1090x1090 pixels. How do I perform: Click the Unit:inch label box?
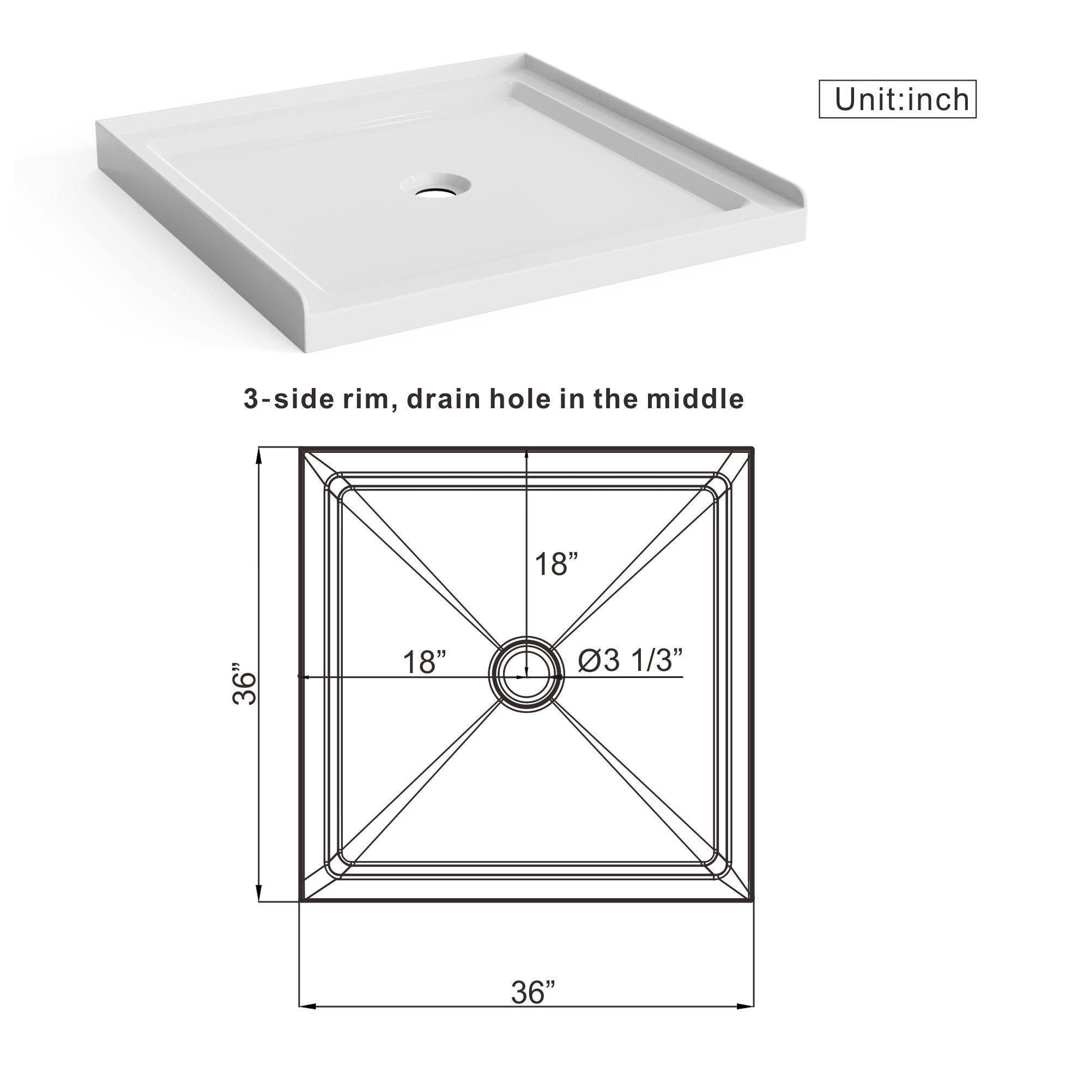point(897,99)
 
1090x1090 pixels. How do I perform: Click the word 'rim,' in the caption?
point(366,399)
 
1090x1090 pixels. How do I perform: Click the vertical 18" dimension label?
point(556,564)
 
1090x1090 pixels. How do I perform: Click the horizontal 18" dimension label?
point(424,662)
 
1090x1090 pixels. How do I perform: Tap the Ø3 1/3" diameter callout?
point(630,659)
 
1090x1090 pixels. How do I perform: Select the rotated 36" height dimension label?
point(245,684)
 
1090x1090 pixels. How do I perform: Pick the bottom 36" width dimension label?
point(533,992)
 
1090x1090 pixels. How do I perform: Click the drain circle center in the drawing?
point(526,675)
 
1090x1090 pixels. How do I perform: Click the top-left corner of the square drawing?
point(301,450)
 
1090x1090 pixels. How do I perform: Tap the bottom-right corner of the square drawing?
point(753,901)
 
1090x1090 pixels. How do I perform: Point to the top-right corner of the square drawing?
point(753,450)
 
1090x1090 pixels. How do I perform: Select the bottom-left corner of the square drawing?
point(301,901)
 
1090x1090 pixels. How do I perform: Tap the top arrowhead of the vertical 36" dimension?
point(259,455)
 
